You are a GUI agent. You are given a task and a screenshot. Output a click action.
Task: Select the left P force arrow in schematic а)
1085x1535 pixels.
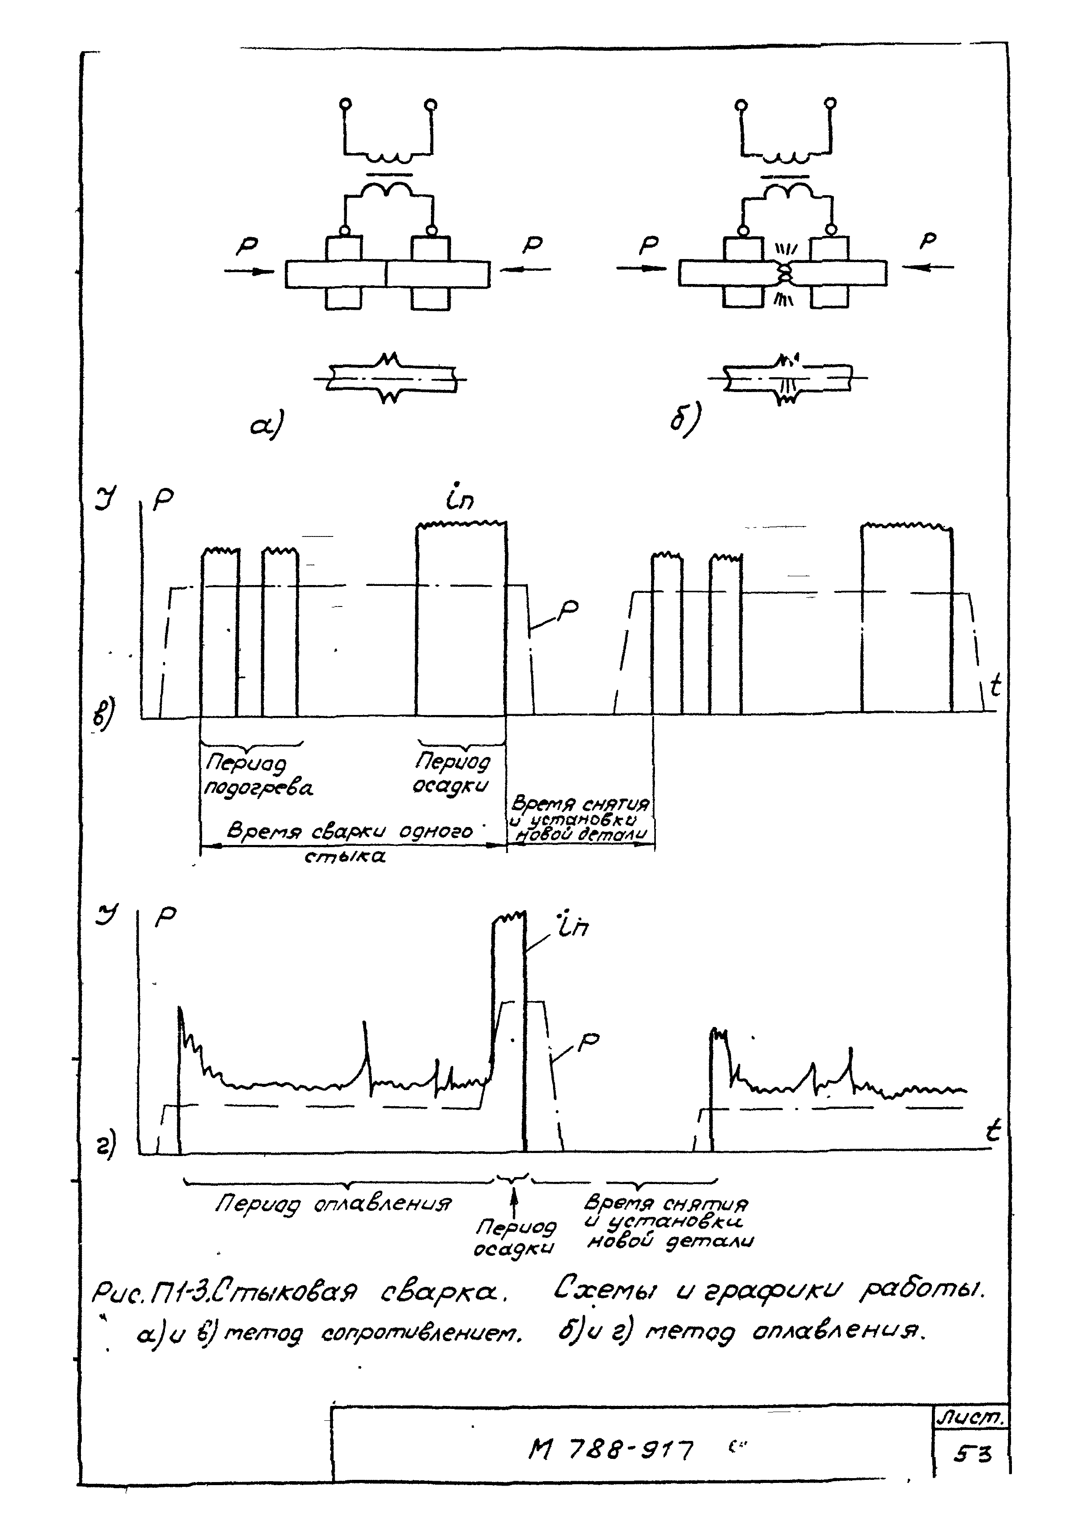pyautogui.click(x=248, y=270)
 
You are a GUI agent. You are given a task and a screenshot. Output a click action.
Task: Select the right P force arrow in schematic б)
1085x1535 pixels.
pyautogui.click(x=928, y=267)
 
